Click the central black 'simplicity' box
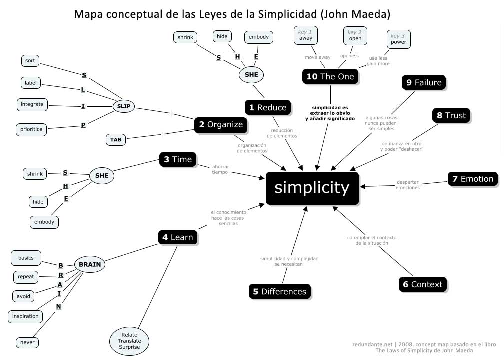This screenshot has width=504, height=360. tap(312, 188)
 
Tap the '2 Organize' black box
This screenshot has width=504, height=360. tap(221, 125)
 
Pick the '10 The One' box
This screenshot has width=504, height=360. tap(330, 76)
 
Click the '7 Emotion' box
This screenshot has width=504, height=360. tap(473, 179)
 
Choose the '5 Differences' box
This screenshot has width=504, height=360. tap(279, 291)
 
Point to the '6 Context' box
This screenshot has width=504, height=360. tap(423, 284)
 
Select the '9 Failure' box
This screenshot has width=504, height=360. tap(424, 82)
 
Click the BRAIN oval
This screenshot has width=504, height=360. tap(90, 265)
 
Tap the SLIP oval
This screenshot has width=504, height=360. tap(123, 106)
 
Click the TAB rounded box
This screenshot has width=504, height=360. tap(115, 140)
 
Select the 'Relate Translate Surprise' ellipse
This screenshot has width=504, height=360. tap(129, 341)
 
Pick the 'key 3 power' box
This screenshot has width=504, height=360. tap(398, 39)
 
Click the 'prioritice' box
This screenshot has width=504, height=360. tap(31, 129)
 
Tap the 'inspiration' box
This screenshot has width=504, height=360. tap(25, 316)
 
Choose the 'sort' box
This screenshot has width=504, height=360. tap(29, 61)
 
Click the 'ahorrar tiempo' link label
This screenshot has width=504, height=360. tap(220, 169)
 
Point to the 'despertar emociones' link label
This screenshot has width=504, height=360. tap(407, 185)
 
